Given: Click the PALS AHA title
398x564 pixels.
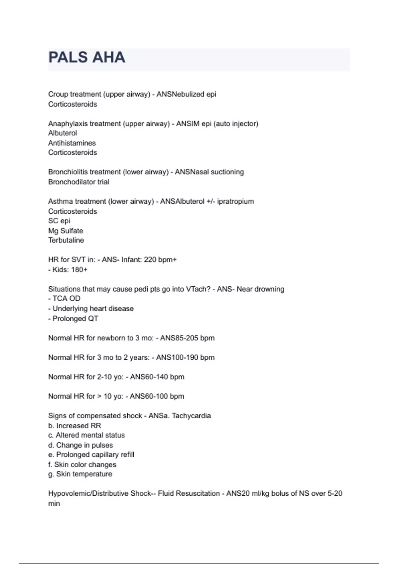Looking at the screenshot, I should tap(87, 57).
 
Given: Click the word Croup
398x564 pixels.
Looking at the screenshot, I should tap(58, 95).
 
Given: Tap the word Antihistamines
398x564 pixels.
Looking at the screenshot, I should tap(72, 143).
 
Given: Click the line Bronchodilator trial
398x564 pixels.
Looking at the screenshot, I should tap(79, 182).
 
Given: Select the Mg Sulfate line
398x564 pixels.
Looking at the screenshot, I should tap(66, 231).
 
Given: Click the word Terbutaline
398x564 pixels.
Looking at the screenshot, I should tap(66, 240).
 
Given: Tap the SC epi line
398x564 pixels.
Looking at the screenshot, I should tap(59, 221).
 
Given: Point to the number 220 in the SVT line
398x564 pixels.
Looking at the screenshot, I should tap(150, 259).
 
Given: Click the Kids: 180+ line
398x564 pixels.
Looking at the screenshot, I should tap(68, 269).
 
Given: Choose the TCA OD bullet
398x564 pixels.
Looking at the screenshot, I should tap(64, 299).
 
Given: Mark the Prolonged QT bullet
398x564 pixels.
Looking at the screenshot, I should tap(73, 318).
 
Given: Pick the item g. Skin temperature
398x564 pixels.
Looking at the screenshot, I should tap(80, 474).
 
